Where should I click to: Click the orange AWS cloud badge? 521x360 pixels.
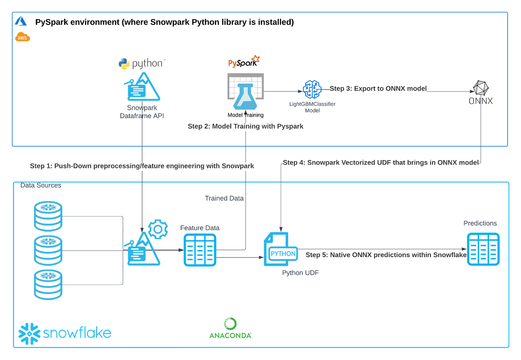(x=22, y=38)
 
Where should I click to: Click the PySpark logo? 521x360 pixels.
(x=243, y=62)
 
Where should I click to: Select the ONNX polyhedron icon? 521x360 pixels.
(x=481, y=88)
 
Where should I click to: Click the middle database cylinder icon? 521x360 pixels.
(x=48, y=251)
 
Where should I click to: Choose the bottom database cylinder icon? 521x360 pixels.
(x=48, y=284)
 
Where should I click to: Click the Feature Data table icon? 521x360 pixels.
(x=199, y=250)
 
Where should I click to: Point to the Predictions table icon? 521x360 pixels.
(x=483, y=249)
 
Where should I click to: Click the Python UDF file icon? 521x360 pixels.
(x=280, y=249)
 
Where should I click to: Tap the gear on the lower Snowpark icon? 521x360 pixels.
(x=158, y=229)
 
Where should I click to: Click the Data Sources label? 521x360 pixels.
(x=41, y=185)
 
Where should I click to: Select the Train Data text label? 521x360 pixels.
(x=224, y=198)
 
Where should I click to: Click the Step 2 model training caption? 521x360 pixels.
(x=246, y=127)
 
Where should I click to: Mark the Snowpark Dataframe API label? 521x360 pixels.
(x=142, y=112)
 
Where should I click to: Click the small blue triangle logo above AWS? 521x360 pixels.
(x=21, y=21)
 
